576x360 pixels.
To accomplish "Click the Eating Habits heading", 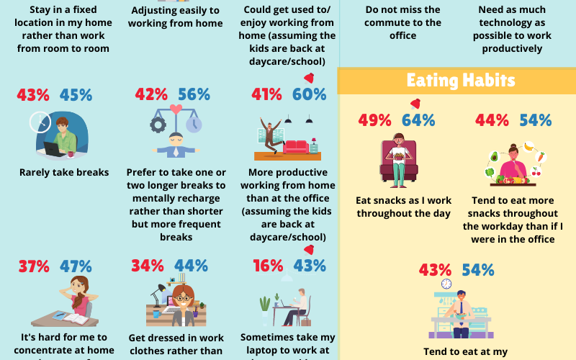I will coord(460,80).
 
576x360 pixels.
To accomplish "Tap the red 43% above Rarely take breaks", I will coord(33,95).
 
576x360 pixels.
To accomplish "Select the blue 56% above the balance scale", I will coord(194,94).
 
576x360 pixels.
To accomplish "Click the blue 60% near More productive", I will coord(309,94).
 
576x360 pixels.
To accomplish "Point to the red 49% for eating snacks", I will coord(374,120).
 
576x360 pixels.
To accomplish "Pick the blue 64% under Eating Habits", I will coord(418,120).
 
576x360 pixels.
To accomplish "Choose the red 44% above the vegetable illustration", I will coord(492,120).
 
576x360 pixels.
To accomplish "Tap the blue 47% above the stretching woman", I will coord(76,266).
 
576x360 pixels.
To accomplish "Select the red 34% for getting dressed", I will coord(147,266).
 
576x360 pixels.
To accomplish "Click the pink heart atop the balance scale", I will coord(175,110).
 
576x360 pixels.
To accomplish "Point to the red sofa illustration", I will coord(295,147).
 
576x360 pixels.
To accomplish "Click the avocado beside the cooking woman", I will coord(494,156).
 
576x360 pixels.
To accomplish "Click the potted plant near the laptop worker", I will coord(265,305).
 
